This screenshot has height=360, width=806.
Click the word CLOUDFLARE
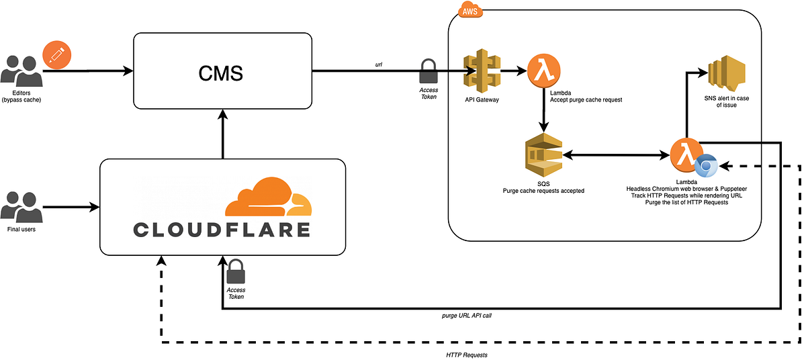click(x=222, y=230)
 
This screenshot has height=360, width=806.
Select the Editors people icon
click(x=20, y=71)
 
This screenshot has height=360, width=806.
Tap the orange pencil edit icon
click(x=56, y=54)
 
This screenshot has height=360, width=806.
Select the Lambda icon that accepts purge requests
click(x=543, y=70)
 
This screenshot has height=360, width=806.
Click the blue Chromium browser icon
click(x=706, y=165)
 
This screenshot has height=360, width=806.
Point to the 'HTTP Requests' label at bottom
click(x=467, y=354)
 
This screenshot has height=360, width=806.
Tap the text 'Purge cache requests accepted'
click(x=543, y=191)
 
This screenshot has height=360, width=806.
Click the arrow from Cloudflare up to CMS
click(x=222, y=134)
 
